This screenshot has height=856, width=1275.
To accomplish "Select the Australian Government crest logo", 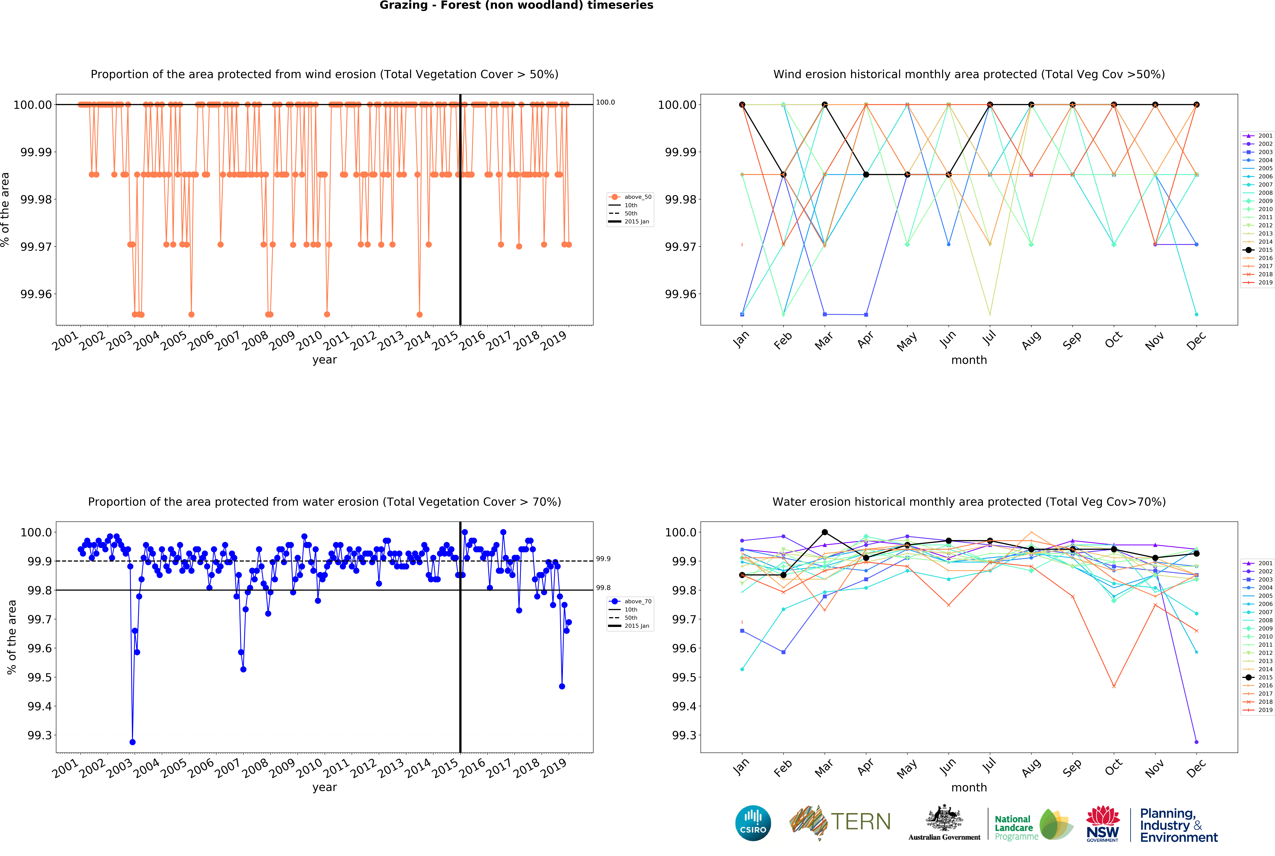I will [944, 822].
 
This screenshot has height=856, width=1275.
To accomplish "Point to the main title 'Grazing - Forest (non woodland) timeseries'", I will [516, 5].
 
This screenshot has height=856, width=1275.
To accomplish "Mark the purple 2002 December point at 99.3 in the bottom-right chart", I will [1196, 742].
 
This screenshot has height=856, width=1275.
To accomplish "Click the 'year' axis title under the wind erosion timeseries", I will [324, 360].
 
